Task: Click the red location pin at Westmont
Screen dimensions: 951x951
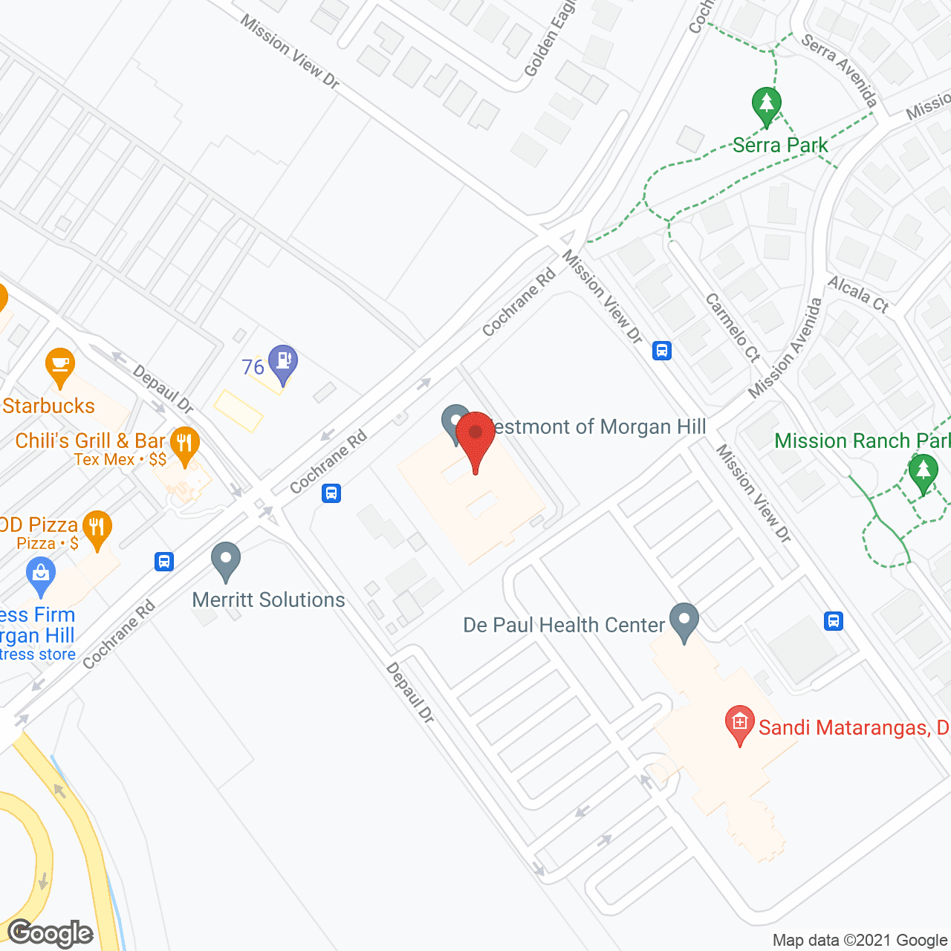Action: pos(475,435)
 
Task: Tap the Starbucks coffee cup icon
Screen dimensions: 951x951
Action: pos(60,366)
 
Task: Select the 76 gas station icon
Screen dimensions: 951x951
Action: pos(283,363)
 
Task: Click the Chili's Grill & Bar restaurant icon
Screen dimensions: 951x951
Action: pos(184,444)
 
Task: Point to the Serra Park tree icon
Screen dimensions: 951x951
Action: pos(766,104)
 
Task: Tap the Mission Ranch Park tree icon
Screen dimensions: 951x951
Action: pos(923,473)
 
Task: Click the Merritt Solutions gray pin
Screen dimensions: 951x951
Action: pos(226,560)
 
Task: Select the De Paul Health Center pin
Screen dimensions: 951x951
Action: pos(684,620)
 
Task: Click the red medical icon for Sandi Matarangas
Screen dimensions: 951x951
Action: pos(739,723)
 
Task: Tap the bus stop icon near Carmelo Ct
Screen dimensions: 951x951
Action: pos(662,350)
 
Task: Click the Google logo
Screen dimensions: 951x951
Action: pos(51,933)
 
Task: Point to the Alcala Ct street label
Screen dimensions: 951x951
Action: pos(859,293)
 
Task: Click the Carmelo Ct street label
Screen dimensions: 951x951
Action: pos(733,328)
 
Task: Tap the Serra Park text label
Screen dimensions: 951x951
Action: pos(780,145)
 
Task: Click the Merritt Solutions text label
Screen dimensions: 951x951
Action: pos(269,600)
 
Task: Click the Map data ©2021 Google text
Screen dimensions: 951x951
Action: pos(860,940)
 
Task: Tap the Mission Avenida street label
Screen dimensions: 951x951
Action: pos(786,347)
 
